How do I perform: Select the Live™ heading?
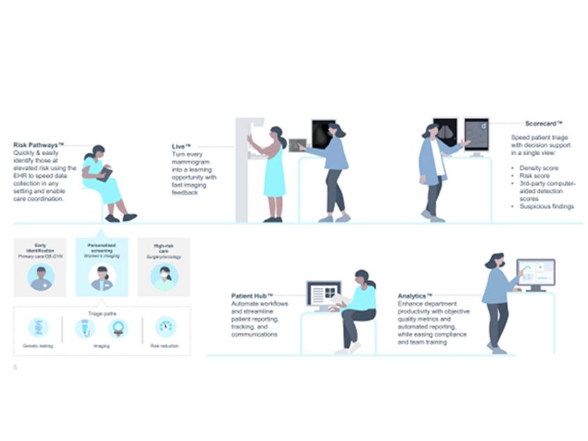tap(181, 147)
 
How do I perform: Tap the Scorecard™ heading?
tap(528, 123)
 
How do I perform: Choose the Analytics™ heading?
tap(415, 296)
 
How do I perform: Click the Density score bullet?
tap(538, 169)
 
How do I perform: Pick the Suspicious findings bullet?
tap(547, 206)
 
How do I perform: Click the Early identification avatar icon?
tap(40, 276)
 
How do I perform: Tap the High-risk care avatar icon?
tap(165, 276)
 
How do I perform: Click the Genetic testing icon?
tap(38, 328)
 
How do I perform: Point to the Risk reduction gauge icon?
tap(165, 327)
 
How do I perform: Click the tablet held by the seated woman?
tap(105, 173)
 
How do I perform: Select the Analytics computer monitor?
tap(535, 273)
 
